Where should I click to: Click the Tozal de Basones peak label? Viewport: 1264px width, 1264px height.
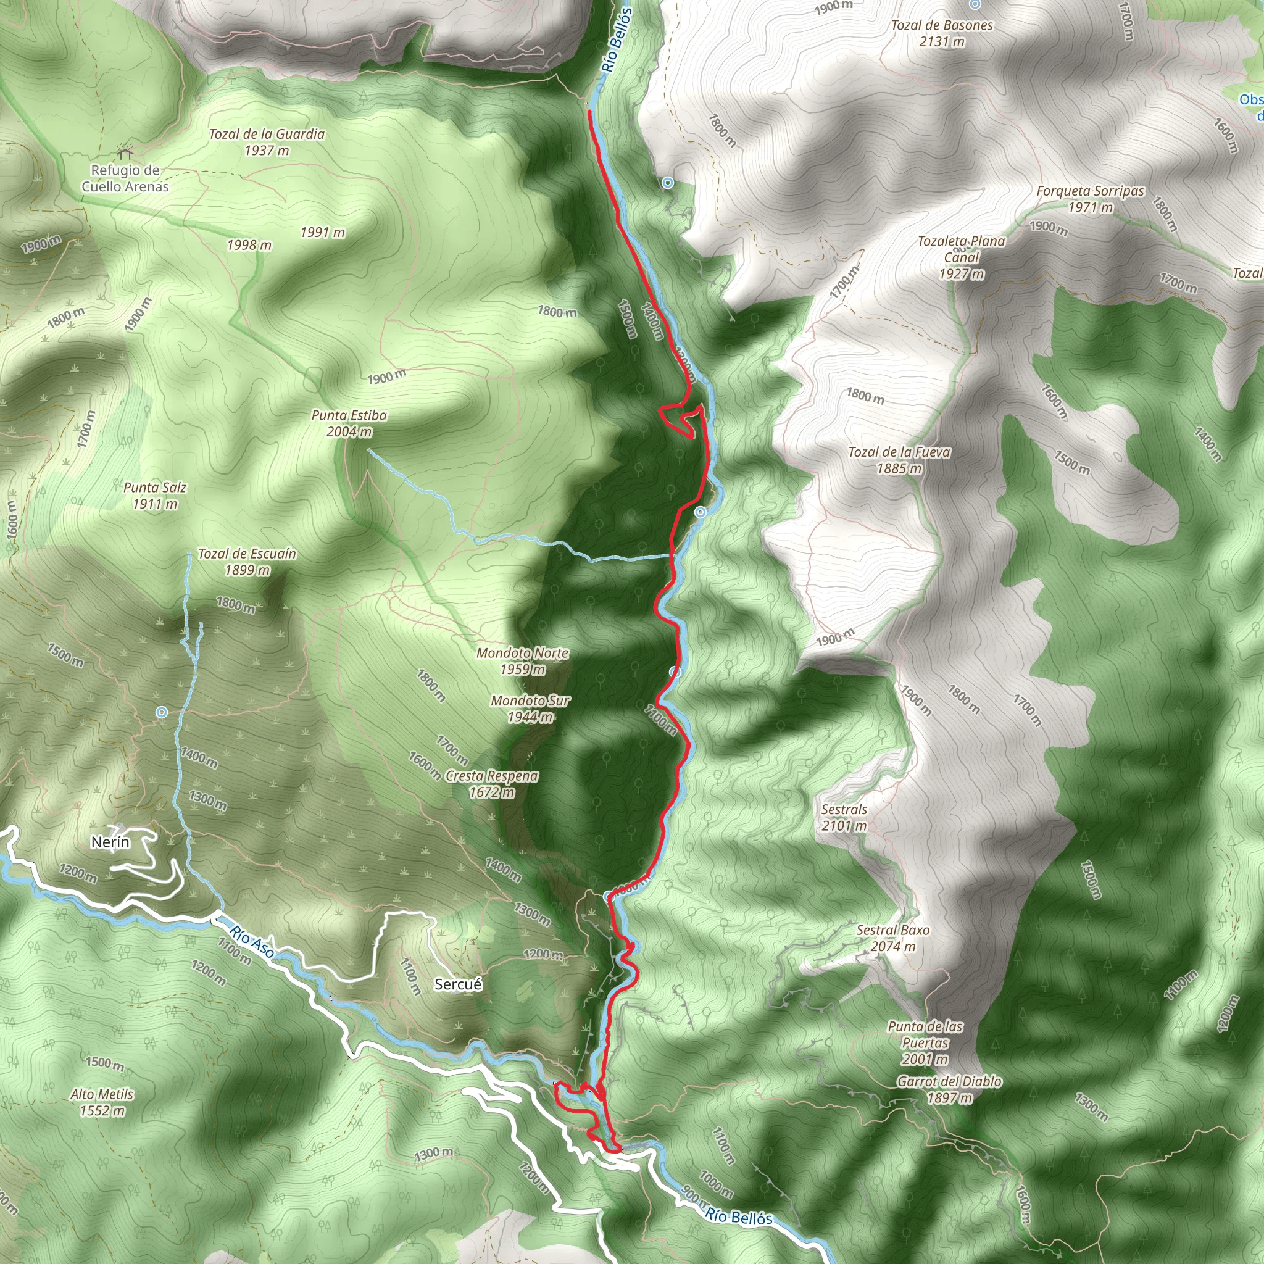click(941, 33)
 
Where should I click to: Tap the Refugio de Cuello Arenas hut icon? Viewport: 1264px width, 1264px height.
click(124, 154)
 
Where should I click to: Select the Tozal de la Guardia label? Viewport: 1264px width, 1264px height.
click(266, 142)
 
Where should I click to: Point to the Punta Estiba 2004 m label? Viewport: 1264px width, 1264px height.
click(349, 423)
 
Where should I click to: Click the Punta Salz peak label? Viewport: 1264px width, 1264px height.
click(155, 495)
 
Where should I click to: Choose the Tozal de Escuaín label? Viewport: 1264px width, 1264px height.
click(247, 562)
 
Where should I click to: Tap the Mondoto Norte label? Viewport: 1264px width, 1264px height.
click(522, 661)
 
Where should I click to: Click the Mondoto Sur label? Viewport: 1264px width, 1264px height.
click(530, 709)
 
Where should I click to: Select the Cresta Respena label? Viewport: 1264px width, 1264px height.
click(491, 784)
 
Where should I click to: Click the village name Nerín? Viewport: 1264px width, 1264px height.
click(110, 842)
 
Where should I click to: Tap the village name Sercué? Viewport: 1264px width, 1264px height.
click(458, 984)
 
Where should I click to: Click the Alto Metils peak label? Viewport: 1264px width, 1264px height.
click(102, 1102)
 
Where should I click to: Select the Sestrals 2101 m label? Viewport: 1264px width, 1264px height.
click(844, 817)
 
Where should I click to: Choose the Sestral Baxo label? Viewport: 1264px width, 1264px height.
click(892, 938)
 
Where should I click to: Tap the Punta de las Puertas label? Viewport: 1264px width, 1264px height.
click(925, 1042)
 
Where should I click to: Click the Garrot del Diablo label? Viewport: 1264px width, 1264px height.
click(949, 1089)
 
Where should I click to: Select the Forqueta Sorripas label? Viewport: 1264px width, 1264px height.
click(1090, 199)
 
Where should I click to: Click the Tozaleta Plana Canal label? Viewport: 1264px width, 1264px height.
click(961, 257)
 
